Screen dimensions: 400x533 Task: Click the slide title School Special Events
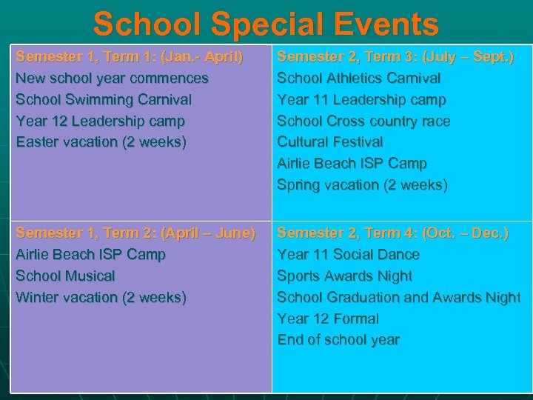[266, 24]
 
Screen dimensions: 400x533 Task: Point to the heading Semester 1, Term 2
[135, 233]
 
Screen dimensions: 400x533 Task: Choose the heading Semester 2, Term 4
[392, 233]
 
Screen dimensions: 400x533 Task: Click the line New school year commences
[112, 78]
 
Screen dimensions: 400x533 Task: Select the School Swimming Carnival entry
[103, 99]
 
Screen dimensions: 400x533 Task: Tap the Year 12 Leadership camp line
[100, 121]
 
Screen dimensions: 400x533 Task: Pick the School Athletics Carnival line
[358, 78]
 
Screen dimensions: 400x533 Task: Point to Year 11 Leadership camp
[361, 99]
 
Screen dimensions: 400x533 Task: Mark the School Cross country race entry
[363, 121]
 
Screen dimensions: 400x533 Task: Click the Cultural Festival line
[329, 141]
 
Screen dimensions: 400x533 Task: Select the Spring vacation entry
[362, 184]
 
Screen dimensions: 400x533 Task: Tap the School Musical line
[65, 276]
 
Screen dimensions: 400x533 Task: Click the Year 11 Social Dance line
[348, 254]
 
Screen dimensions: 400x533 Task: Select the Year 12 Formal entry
[327, 319]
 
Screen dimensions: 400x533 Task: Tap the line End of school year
[338, 340]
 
